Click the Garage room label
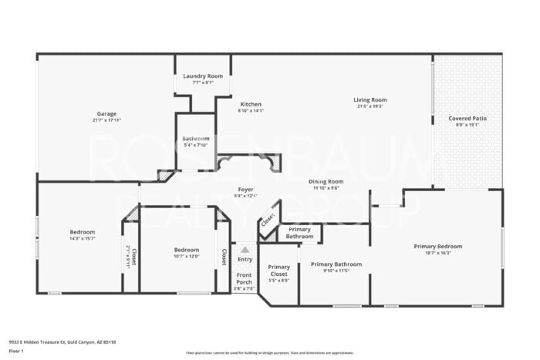[x=106, y=113]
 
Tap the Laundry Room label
[x=203, y=76]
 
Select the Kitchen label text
[x=251, y=104]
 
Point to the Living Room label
[x=370, y=99]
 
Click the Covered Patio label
[x=467, y=119]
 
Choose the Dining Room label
[x=328, y=182]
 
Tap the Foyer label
[x=245, y=189]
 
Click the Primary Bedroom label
[x=436, y=246]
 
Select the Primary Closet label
[x=278, y=270]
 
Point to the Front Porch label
[x=244, y=278]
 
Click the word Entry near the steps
[x=245, y=259]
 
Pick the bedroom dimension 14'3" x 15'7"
[x=83, y=238]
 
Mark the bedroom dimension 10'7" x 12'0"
[x=186, y=256]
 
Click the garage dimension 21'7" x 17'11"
[x=106, y=120]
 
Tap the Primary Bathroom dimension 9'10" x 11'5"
[x=336, y=271]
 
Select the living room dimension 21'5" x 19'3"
[x=370, y=106]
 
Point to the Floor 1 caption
[x=17, y=351]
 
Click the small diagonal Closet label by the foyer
[x=267, y=220]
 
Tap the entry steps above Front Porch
[x=245, y=250]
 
